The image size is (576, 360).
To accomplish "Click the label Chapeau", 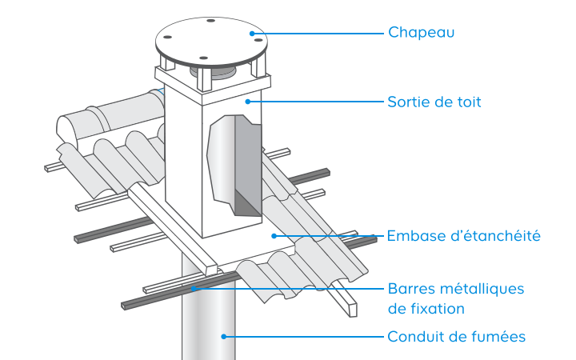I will click(421, 33).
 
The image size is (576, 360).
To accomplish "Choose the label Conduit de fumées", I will click(456, 337).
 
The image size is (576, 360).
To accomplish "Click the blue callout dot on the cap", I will click(252, 33).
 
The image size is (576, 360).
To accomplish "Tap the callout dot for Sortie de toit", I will click(249, 102).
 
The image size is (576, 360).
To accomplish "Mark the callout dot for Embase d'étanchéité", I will click(273, 236).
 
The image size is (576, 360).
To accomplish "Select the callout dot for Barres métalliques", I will click(192, 288).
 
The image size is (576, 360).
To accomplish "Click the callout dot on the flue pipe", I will click(225, 337).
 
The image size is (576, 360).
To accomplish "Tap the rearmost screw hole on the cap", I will click(210, 20).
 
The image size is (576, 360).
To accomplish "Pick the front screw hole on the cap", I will click(202, 58).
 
